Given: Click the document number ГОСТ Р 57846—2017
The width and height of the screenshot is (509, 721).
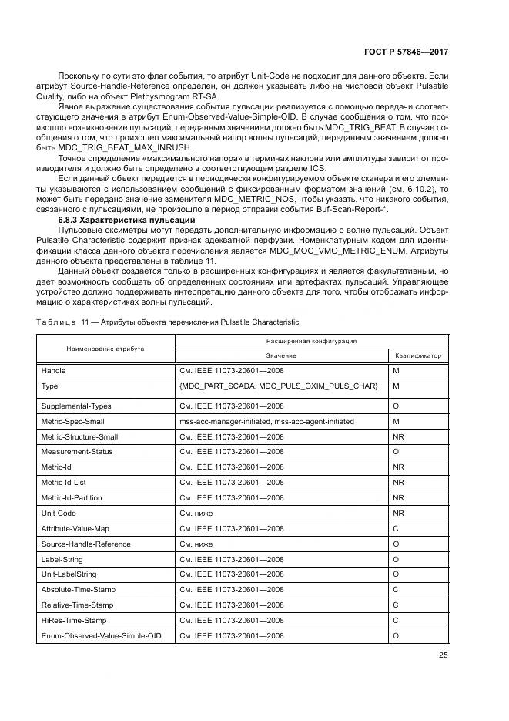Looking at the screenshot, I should click(x=406, y=51).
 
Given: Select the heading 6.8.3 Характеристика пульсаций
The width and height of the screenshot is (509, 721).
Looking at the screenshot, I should click(x=127, y=221).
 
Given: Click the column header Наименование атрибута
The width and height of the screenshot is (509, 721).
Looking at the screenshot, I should click(x=105, y=348).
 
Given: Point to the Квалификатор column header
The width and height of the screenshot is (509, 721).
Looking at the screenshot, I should click(x=418, y=355).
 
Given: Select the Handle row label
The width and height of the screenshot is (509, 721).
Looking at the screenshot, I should click(x=53, y=371).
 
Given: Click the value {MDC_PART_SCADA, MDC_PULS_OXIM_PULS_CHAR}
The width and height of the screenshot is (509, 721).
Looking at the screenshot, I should click(x=278, y=386).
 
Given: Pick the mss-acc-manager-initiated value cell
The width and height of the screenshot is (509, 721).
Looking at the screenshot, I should click(x=266, y=421).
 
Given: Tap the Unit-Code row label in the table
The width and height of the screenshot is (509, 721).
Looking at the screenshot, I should click(x=59, y=512).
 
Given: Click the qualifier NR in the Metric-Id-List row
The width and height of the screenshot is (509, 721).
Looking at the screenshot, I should click(x=398, y=482).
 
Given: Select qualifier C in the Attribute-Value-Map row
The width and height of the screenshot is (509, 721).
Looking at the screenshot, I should click(x=395, y=528).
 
